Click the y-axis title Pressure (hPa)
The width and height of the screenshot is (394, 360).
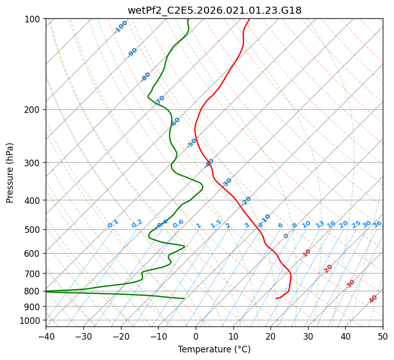(10, 172)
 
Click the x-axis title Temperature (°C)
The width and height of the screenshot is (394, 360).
(214, 350)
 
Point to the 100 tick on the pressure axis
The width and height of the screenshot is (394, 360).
(34, 19)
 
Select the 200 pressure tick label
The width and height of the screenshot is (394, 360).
(34, 109)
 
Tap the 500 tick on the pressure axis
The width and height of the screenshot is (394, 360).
(34, 229)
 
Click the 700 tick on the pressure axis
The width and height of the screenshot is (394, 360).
(34, 274)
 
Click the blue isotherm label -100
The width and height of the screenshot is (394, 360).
(120, 27)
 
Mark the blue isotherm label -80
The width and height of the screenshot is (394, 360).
(146, 77)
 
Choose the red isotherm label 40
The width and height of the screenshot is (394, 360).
(373, 299)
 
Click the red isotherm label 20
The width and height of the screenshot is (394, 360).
(328, 268)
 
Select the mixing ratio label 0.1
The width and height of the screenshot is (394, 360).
(113, 224)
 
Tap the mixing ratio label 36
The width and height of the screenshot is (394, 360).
(377, 224)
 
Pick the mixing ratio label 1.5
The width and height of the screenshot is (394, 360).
(216, 224)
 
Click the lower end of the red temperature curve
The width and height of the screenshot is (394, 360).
(276, 298)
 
